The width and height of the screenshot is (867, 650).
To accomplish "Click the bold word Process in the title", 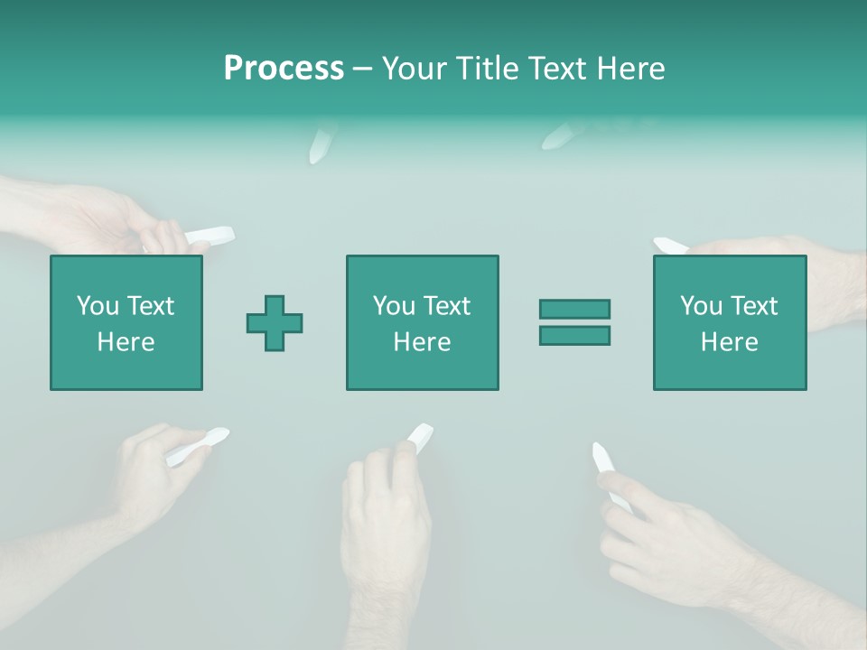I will (x=284, y=68).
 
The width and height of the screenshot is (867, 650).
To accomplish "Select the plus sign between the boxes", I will (x=275, y=323).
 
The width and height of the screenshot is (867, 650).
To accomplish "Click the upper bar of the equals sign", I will (x=574, y=309).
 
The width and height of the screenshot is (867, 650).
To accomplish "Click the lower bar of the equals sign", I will (x=574, y=335).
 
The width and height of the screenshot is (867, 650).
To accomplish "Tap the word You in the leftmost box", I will (x=98, y=306).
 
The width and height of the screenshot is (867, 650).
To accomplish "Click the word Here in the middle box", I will (x=422, y=342).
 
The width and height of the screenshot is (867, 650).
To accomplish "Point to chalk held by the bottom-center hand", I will (x=419, y=436).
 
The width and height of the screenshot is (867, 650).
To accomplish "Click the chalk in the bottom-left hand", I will (x=198, y=446).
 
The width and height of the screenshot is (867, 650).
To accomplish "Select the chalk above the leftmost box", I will (x=210, y=237).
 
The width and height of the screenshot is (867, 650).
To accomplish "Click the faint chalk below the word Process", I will (x=322, y=144).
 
